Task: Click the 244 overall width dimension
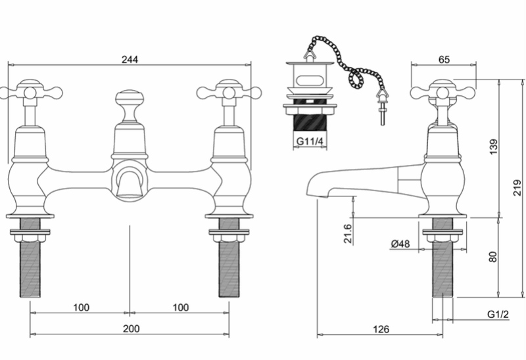[130, 59]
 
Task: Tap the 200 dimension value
[131, 328]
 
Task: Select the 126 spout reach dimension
[381, 329]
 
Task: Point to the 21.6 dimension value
[348, 234]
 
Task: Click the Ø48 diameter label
[400, 244]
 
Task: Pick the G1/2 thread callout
[498, 315]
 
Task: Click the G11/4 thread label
[310, 141]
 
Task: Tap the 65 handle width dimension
[444, 59]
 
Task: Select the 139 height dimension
[494, 146]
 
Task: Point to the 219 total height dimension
[517, 188]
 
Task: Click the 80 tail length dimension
[492, 257]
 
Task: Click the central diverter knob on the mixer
[130, 98]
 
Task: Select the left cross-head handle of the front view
[30, 92]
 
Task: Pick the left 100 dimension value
[81, 307]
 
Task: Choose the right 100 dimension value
[180, 307]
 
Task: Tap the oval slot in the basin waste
[310, 80]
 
